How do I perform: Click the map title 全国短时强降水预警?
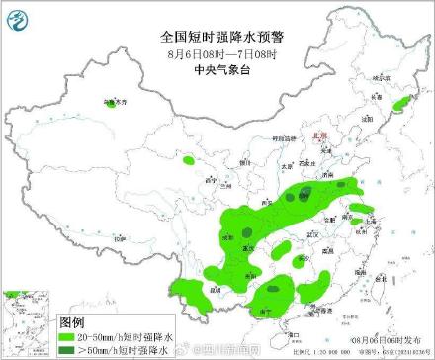[x=217, y=35]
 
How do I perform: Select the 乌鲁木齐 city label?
[x=116, y=101]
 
